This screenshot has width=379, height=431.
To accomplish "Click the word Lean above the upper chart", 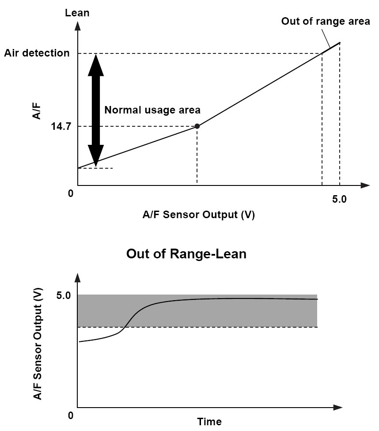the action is point(77,13).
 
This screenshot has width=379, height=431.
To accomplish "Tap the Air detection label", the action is point(37,53).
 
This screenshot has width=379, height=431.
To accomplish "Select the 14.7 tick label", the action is point(61,126).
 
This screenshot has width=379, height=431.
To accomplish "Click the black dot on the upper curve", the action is point(197,126).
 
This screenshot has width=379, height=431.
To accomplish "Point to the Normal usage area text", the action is point(152,110).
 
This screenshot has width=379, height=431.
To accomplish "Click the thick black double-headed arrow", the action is point(96,110).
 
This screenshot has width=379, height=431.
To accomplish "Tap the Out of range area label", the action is point(326,21).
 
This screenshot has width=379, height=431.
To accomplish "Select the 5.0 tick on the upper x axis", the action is point(339,199).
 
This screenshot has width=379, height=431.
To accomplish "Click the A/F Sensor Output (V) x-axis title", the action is point(199,215).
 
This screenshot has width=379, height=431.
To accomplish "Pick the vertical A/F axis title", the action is point(37,111).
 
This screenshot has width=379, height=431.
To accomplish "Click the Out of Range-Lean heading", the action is point(186,253).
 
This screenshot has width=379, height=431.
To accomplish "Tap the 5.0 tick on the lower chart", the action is point(64,295).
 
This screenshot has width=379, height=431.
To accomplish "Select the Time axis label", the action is point(209,421).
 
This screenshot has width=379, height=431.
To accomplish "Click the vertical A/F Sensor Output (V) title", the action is point(38,344).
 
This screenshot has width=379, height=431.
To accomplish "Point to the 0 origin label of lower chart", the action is point(71,416).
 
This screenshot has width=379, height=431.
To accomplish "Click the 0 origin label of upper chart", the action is point(71,193).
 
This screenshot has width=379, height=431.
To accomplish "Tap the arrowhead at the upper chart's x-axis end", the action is point(365,185).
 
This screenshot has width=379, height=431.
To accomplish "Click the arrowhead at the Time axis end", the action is point(338,407).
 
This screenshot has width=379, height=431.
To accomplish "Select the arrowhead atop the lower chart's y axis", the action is point(78,278).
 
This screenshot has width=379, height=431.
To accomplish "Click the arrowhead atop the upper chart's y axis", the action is point(78,26).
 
